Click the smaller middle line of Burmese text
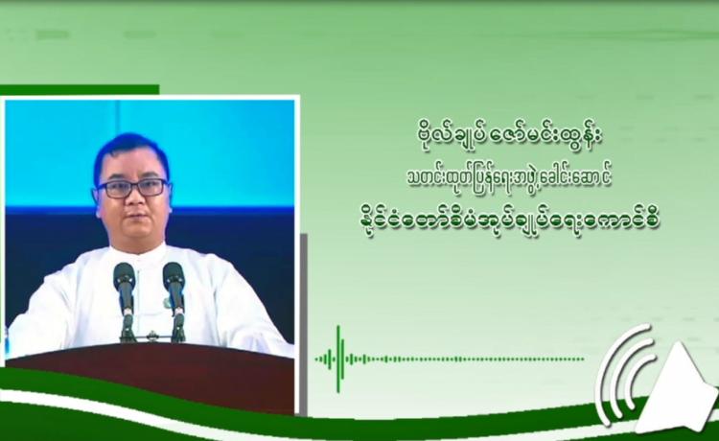[509, 178]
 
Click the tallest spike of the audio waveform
[338, 359]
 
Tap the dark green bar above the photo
[80, 90]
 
